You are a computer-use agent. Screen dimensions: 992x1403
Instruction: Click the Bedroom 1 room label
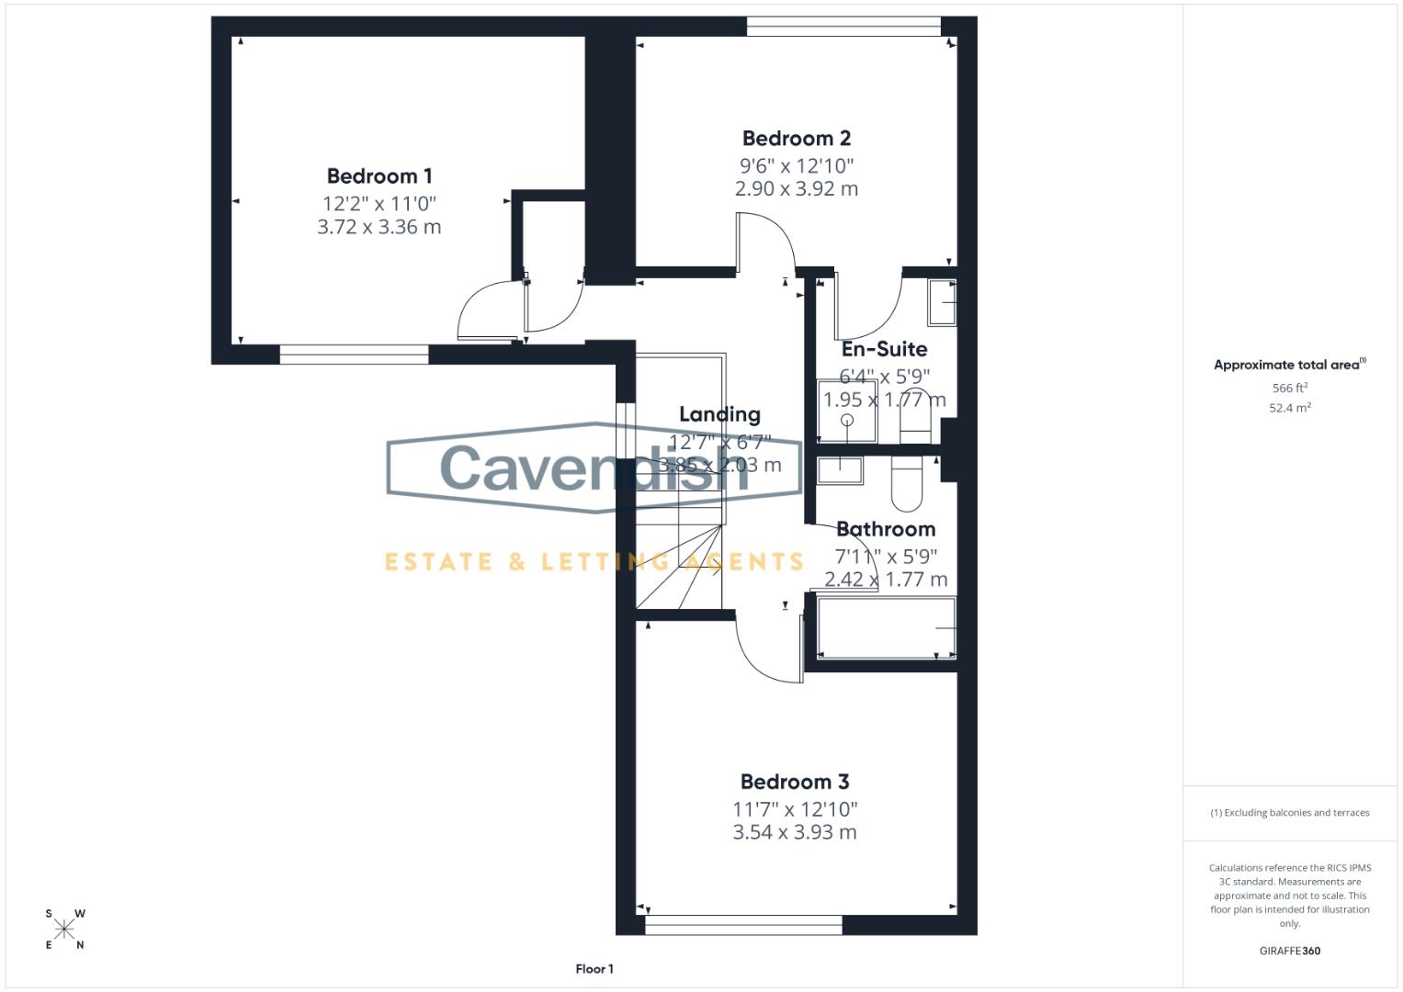379,176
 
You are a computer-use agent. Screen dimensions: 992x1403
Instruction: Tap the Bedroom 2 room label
796,139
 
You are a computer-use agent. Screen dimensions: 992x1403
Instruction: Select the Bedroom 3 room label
795,783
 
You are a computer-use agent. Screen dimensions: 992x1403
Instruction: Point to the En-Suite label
884,349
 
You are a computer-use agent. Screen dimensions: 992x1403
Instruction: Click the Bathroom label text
886,530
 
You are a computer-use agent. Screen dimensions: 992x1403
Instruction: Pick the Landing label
719,415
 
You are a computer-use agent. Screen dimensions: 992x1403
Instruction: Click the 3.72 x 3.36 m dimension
379,227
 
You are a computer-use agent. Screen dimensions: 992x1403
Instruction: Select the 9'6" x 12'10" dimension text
797,166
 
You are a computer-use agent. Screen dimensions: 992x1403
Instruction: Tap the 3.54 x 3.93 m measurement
795,833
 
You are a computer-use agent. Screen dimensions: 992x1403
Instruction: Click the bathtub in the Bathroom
886,628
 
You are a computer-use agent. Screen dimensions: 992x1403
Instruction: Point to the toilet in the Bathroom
906,484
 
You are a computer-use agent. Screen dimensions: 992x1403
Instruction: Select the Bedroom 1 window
354,355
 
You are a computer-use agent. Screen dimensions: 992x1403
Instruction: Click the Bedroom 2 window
843,27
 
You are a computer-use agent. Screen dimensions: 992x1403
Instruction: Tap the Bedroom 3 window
743,925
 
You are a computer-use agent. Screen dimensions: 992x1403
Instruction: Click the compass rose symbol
64,930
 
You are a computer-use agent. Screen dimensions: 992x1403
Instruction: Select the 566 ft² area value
1289,389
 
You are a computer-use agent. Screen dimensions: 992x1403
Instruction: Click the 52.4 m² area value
1289,409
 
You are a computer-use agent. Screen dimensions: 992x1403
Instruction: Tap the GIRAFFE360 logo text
1289,952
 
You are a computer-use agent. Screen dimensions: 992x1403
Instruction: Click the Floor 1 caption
594,969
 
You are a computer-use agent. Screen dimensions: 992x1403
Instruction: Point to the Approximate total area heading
1288,365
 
